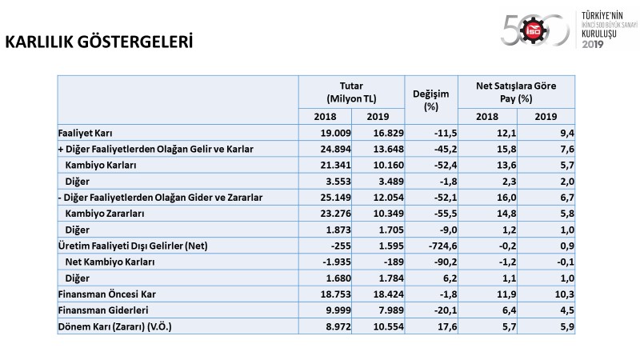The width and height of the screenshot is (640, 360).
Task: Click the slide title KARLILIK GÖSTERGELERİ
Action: [x=98, y=42]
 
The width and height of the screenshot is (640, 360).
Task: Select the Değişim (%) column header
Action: [x=431, y=100]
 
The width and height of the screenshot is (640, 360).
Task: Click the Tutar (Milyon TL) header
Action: [x=351, y=92]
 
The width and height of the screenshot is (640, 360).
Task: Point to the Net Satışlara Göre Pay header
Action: [x=516, y=92]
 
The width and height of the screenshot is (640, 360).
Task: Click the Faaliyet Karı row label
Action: [x=86, y=133]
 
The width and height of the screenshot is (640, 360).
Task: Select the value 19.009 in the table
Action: [x=335, y=133]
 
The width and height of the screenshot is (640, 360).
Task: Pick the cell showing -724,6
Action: [x=442, y=246]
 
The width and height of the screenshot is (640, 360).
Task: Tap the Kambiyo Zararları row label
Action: [x=105, y=214]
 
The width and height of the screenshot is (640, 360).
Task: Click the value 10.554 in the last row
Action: [x=388, y=326]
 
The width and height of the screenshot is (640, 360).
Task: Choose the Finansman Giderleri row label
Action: [x=103, y=310]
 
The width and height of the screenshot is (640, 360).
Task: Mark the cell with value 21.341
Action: [x=335, y=166]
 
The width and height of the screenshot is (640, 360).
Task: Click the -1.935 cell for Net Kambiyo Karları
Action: [x=337, y=262]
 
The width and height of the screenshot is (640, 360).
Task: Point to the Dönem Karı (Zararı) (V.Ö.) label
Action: [x=114, y=326]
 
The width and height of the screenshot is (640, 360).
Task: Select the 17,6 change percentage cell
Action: [x=447, y=326]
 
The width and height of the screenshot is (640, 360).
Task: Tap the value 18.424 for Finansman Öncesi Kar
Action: [x=388, y=294]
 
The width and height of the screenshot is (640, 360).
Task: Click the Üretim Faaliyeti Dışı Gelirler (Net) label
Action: [x=133, y=246]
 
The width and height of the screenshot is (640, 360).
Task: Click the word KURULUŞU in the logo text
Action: [x=598, y=34]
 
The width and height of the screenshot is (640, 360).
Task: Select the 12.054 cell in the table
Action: [x=388, y=198]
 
